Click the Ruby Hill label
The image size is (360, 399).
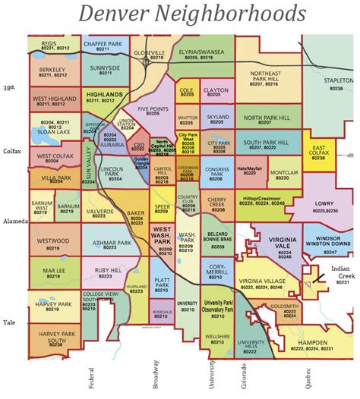(x=106, y=271)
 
